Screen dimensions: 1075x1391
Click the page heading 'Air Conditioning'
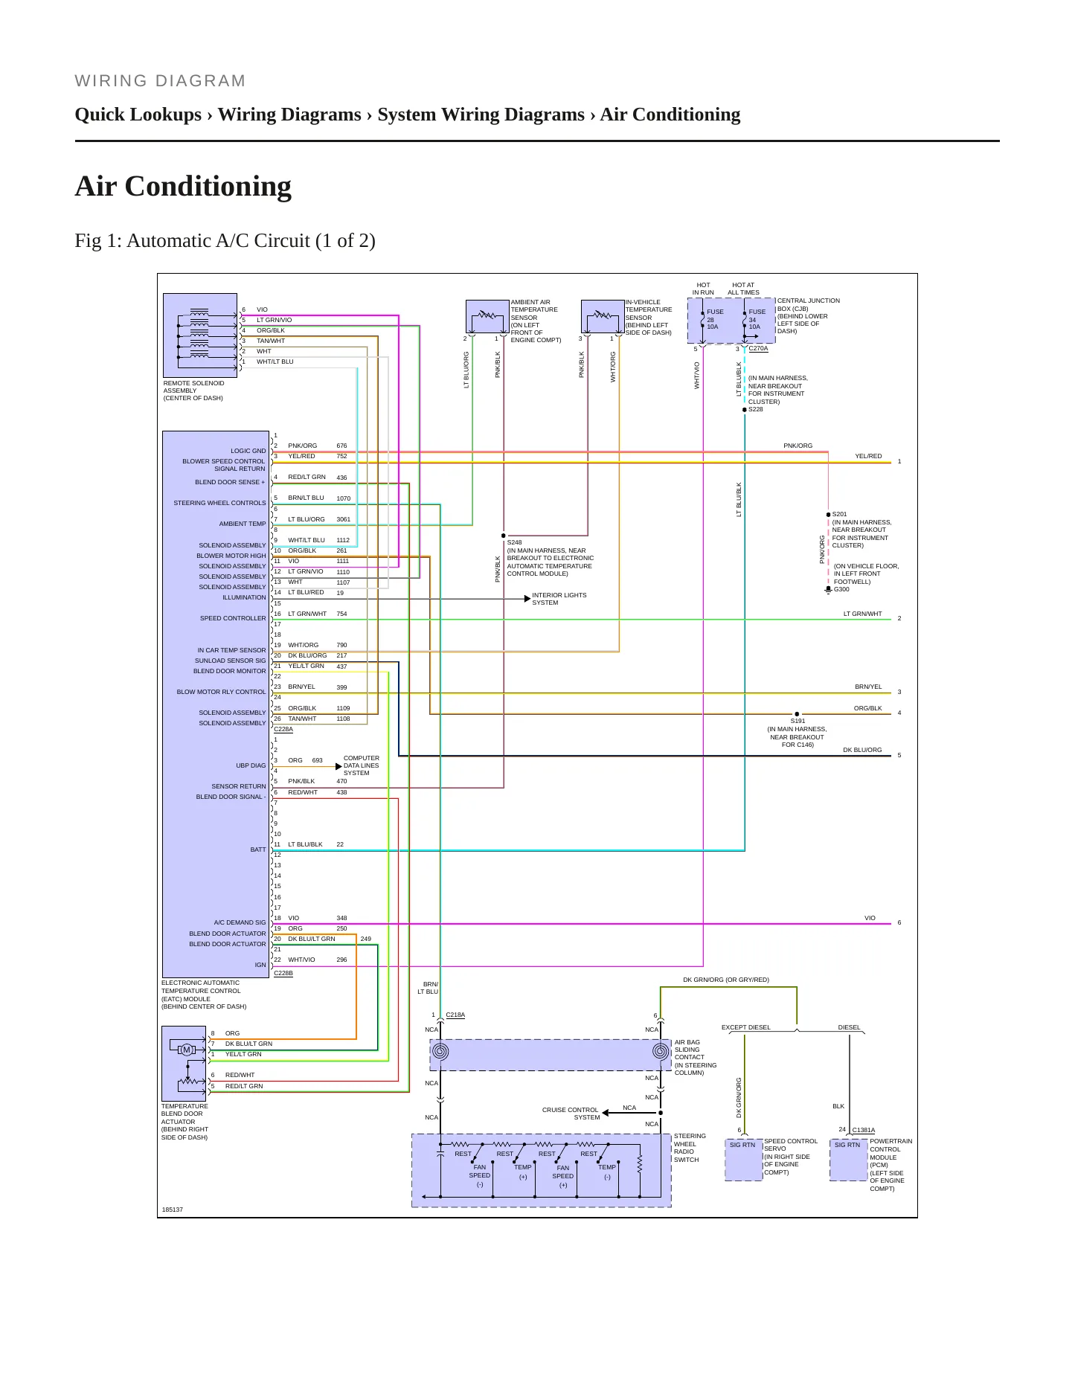click(183, 186)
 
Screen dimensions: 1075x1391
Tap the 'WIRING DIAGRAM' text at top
click(160, 81)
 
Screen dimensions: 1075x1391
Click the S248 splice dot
click(504, 536)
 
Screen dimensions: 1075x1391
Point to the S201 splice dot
click(828, 515)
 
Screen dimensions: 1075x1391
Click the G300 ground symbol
click(828, 590)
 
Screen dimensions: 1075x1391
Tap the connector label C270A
click(758, 348)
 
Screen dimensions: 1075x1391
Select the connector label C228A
click(283, 729)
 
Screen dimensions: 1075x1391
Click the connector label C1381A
click(864, 1130)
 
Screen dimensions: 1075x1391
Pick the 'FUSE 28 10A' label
click(713, 319)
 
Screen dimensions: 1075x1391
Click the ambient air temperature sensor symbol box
click(487, 317)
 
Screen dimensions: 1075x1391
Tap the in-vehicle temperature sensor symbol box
click(603, 317)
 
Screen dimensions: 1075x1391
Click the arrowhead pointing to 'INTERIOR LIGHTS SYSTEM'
click(527, 599)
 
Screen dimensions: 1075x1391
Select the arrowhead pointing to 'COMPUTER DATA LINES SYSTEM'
click(338, 766)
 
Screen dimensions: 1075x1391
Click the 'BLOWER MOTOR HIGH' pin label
click(231, 556)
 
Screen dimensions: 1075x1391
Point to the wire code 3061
click(343, 519)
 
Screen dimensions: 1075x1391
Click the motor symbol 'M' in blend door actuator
click(187, 1050)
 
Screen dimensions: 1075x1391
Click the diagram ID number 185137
click(173, 1210)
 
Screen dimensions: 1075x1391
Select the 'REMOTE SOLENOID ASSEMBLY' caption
click(193, 391)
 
